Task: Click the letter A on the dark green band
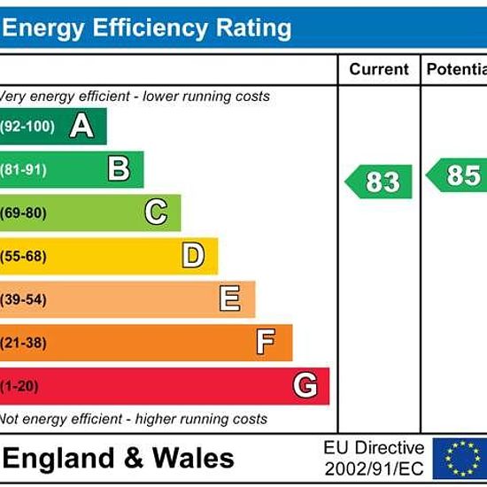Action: coord(81,126)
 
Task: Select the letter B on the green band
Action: coord(119,168)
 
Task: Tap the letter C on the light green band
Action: coord(156,212)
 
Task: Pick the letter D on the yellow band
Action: coord(193,255)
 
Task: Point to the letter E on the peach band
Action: coord(230,298)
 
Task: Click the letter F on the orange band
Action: coord(266,342)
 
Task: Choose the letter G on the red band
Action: coord(305,385)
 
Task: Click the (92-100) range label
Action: coord(27,127)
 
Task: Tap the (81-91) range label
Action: coord(23,170)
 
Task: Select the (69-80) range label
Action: coord(23,213)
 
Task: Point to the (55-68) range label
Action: coord(23,256)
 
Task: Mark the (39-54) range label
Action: coord(23,299)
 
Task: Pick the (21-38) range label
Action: coord(23,343)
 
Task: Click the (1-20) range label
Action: coord(19,386)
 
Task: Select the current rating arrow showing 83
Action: coord(379,182)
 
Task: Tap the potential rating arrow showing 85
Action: coord(457,175)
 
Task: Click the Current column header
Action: coord(379,69)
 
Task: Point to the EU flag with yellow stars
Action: coord(460,459)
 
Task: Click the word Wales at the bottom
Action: coord(193,458)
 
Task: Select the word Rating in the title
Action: coord(253,28)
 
